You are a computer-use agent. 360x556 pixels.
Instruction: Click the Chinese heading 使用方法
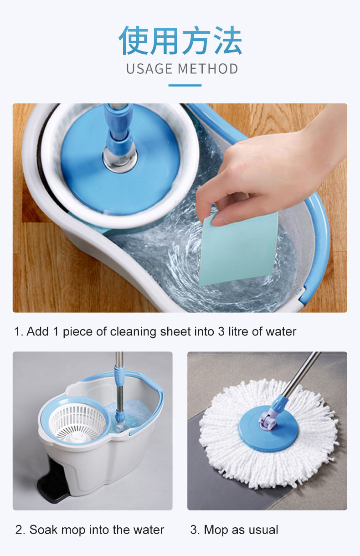(x=180, y=41)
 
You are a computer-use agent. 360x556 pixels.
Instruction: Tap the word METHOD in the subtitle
(x=208, y=69)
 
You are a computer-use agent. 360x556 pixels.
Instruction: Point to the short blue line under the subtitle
(x=185, y=85)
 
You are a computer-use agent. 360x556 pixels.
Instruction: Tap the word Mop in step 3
(x=216, y=530)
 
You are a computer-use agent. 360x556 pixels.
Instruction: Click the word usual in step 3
(x=263, y=530)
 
